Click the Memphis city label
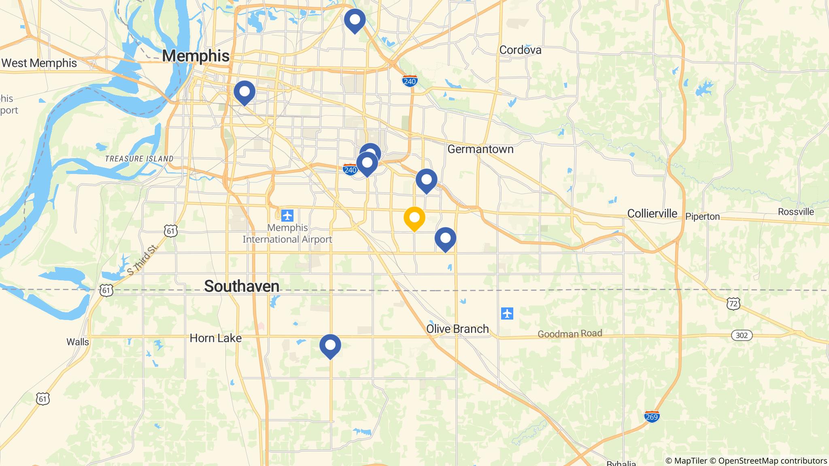coord(196,56)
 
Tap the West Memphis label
coord(39,63)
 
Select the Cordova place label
coord(520,50)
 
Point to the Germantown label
coord(480,149)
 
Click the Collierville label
coord(652,214)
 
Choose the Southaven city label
coord(242,286)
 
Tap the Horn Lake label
coord(216,338)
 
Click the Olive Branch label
coord(457,329)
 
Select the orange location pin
coord(414,218)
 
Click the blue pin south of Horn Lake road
coord(330,346)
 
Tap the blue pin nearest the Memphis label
coord(244,92)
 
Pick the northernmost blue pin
coord(355,20)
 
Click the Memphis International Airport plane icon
coord(287,215)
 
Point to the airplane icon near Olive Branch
coord(507,313)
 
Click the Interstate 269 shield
coord(652,417)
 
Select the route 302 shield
coord(742,335)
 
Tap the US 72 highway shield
coord(733,303)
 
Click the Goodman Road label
coord(570,334)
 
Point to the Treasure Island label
coord(139,159)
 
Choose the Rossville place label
coord(795,212)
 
